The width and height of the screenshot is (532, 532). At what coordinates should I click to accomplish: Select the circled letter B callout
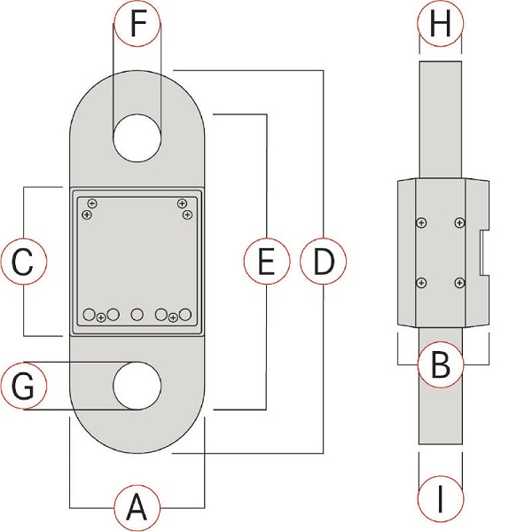click(441, 364)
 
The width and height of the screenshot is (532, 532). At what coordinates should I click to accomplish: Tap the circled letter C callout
click(25, 262)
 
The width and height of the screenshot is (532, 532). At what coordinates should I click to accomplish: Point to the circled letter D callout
click(324, 262)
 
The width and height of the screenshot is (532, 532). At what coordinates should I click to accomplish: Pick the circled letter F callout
click(137, 24)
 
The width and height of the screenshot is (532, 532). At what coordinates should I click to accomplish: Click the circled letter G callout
click(25, 387)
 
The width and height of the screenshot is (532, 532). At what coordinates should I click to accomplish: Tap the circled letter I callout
click(441, 503)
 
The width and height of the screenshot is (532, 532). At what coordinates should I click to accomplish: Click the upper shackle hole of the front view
click(137, 137)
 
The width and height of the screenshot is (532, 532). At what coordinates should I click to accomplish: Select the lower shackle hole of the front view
click(137, 387)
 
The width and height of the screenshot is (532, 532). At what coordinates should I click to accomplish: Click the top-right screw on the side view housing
click(458, 223)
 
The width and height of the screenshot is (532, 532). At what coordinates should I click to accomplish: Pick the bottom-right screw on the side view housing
click(458, 283)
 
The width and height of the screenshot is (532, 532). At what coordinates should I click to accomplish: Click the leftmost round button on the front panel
click(89, 315)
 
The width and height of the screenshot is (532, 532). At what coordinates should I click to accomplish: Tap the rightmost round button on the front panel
click(185, 315)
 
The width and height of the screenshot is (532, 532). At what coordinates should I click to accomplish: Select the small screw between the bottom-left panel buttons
click(101, 317)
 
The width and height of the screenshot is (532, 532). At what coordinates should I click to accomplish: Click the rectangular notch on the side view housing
click(481, 252)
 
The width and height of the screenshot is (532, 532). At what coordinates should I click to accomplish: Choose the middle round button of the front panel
click(137, 315)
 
